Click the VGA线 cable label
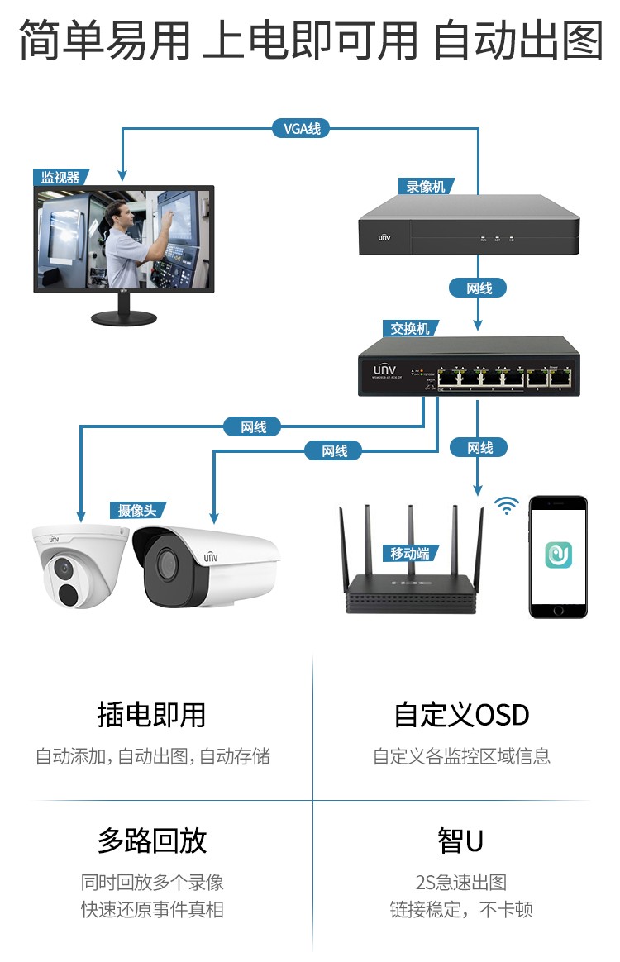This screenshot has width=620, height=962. coord(301,128)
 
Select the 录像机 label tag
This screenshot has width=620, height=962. coord(426,187)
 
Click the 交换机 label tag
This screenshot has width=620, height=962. coord(411,329)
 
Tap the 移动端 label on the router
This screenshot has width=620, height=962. coord(410,554)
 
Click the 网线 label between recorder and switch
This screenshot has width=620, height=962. coord(479,288)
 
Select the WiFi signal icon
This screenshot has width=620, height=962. coord(506,505)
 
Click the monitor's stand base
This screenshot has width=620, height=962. coord(123,317)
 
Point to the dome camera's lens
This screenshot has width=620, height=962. coord(62,568)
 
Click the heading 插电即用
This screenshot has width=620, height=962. coord(151,715)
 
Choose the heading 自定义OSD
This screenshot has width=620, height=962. coord(461,715)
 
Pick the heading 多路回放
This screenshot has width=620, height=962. coord(151,841)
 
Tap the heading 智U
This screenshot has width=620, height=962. coord(460,841)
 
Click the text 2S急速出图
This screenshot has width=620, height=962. coord(460,883)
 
